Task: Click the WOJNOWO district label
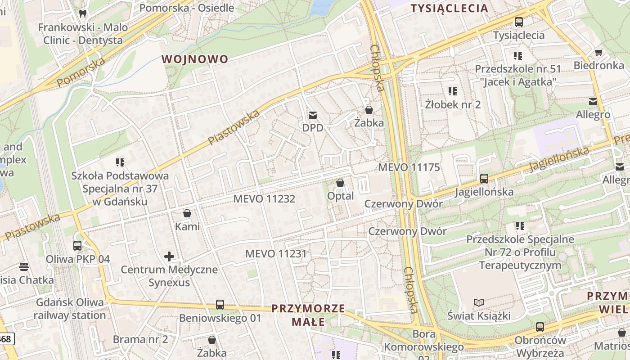coord(195,59)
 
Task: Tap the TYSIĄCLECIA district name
coord(450,8)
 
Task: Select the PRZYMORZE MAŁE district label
coord(308,315)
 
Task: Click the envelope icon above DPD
coord(312,115)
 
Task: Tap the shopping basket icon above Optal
coord(340,183)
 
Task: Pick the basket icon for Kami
coord(187,213)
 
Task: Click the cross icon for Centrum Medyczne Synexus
coord(169,257)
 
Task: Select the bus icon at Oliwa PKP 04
coord(77,246)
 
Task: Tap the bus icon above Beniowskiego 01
coord(220,305)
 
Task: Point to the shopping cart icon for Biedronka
coord(598,53)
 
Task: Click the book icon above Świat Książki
coord(479,302)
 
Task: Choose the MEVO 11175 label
coord(409,167)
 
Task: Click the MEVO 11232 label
coord(264,198)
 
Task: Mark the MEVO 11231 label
coord(276,254)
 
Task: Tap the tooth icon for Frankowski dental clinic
coord(82,13)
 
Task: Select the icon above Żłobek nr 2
coord(453,91)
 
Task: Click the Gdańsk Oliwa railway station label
coord(70,308)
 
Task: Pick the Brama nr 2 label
coord(140,339)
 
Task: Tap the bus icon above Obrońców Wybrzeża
coord(540,327)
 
